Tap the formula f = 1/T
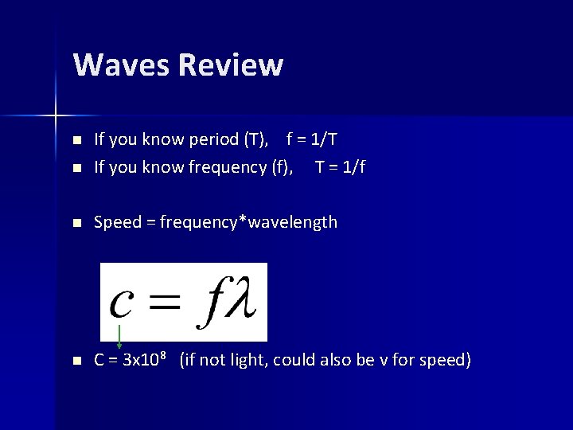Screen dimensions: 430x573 (312, 139)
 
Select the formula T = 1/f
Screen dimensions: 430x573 (341, 167)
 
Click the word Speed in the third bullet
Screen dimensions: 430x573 (117, 222)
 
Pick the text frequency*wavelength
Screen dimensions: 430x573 (248, 222)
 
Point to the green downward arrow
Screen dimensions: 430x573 (119, 337)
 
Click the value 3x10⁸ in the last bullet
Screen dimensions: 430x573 (144, 360)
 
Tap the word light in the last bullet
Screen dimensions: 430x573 (245, 360)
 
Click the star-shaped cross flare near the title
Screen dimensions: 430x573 (56, 115)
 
